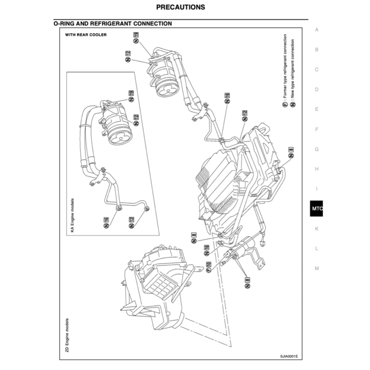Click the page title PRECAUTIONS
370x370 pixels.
[181, 7]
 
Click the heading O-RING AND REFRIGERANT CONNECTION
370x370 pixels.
[112, 23]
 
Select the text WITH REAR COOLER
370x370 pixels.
[86, 35]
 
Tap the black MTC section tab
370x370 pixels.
[317, 208]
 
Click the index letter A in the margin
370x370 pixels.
[317, 30]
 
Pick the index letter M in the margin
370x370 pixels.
[317, 268]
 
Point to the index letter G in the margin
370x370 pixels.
[317, 149]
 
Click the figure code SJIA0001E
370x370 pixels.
[289, 356]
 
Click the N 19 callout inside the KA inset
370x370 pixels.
[131, 96]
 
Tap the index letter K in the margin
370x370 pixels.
[317, 229]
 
